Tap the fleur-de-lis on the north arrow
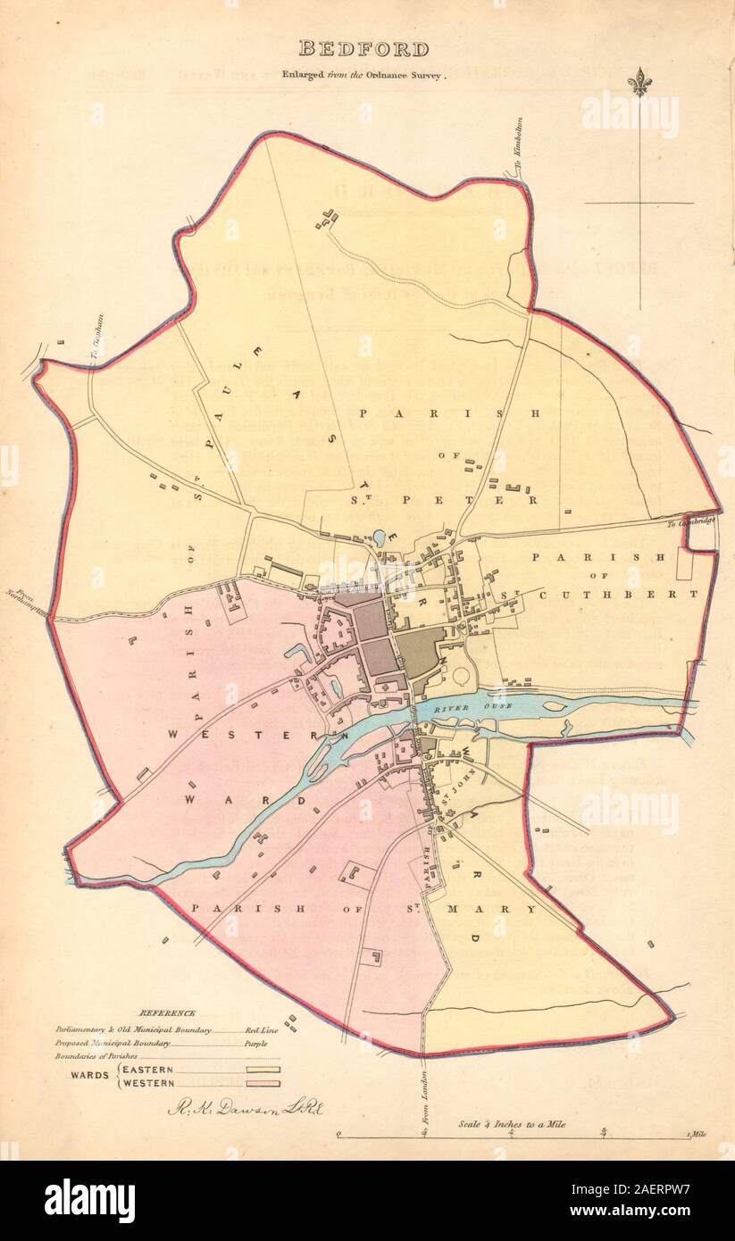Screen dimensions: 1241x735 (639, 82)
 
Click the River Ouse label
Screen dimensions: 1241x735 (457, 707)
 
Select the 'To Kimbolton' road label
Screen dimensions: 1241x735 (517, 161)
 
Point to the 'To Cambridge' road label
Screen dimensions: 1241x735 (691, 521)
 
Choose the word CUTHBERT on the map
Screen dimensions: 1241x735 (653, 593)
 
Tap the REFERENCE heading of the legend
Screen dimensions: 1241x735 (168, 1012)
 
